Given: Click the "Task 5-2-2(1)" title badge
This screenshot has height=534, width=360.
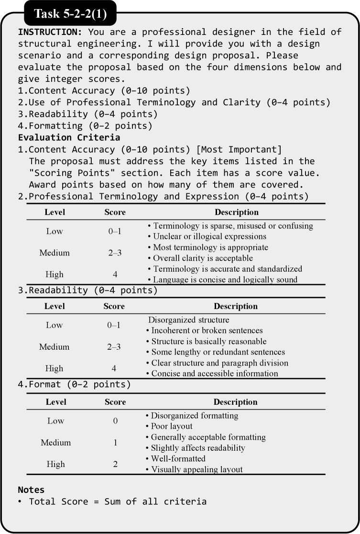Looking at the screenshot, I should pos(70,14).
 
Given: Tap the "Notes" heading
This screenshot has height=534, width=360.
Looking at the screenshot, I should pos(31,490).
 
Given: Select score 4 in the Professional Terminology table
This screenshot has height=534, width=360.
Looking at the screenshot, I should pos(115,275).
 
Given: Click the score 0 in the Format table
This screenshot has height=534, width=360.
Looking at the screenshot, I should pos(115,421).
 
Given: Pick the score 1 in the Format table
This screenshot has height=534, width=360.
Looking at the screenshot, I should pos(115,443).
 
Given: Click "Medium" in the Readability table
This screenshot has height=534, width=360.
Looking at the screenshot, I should pos(54,347).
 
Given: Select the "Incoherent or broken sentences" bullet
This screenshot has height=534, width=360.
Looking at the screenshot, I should pos(207,331).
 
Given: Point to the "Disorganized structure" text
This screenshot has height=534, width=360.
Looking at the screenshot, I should pos(188,320).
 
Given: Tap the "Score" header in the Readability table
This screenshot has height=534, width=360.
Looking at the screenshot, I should pos(114,306).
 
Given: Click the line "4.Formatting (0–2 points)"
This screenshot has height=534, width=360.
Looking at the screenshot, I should pos(85,126).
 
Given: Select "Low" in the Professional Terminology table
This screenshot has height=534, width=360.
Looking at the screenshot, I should pos(54,232).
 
